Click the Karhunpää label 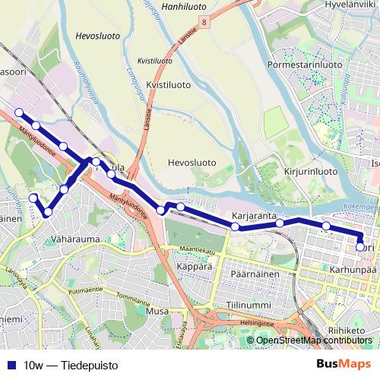(354, 268)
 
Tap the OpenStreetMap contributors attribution (315, 340)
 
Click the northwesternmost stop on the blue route (19, 113)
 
